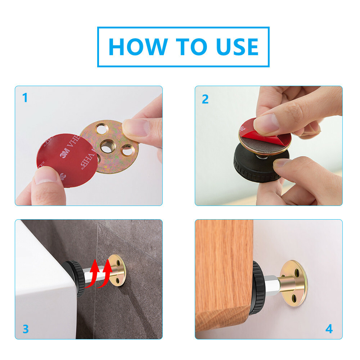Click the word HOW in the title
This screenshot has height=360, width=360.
tap(138, 47)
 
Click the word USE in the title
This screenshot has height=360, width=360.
tap(237, 47)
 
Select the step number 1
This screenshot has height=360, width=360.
tap(25, 98)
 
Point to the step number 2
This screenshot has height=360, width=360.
tap(205, 99)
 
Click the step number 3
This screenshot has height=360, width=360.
tap(26, 329)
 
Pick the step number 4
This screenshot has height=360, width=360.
tap(329, 329)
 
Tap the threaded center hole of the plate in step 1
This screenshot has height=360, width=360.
tap(108, 147)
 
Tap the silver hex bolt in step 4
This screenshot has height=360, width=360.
tap(273, 285)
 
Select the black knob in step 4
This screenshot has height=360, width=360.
tap(258, 288)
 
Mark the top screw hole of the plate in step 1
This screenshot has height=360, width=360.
tap(102, 129)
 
